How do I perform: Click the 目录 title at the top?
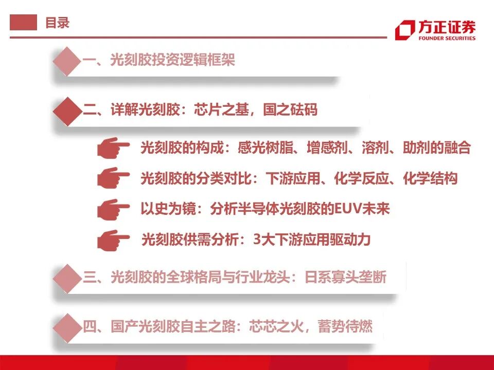click(57, 23)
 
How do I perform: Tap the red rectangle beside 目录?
click(24, 23)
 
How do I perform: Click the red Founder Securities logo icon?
click(404, 30)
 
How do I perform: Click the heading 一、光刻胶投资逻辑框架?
click(158, 61)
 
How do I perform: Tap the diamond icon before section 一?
click(67, 61)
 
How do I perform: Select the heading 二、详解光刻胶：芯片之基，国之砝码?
click(200, 109)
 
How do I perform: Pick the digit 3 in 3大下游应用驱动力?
click(257, 240)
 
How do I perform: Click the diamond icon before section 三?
click(67, 278)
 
